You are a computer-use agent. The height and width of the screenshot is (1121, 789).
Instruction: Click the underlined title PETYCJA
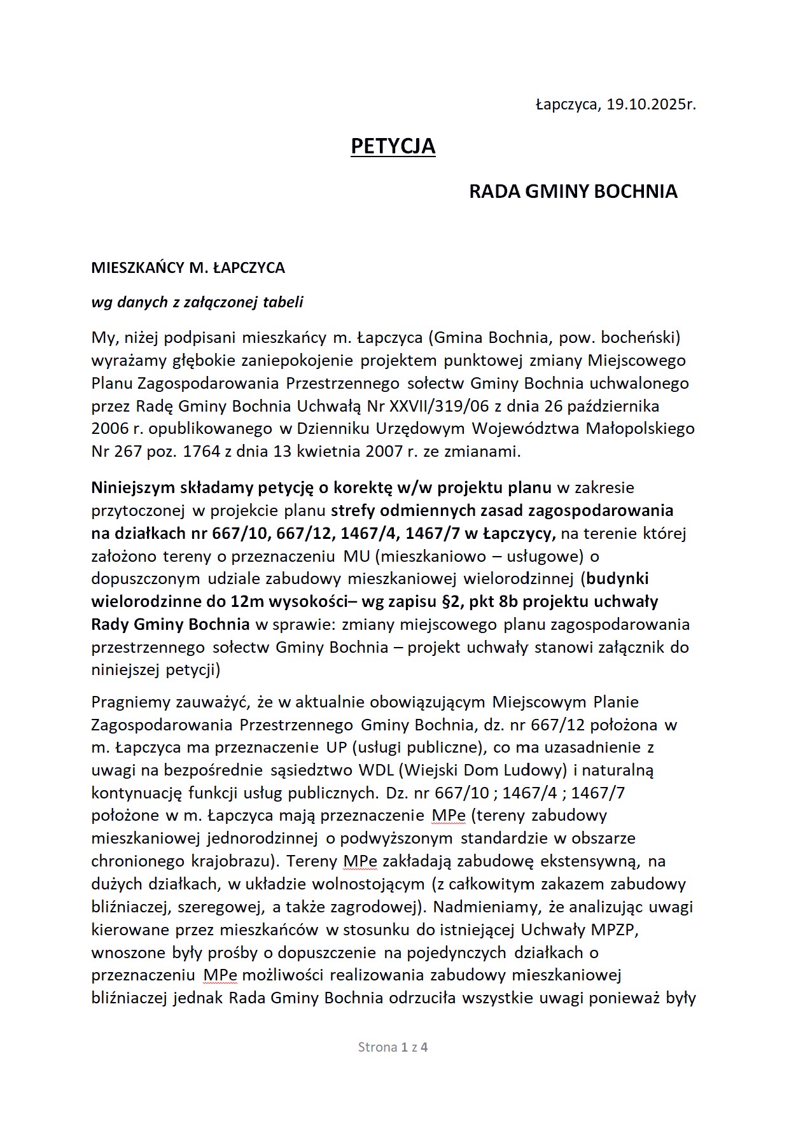point(393,146)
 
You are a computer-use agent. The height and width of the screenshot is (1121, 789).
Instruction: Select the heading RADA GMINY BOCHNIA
point(573,191)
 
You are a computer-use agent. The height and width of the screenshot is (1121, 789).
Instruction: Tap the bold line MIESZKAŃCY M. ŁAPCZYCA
point(188,268)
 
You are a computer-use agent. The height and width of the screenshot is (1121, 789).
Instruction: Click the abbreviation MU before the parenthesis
point(356,556)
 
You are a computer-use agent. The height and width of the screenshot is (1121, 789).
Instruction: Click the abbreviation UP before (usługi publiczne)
point(336,748)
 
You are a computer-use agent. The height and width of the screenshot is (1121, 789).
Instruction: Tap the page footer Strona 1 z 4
point(393,1047)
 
